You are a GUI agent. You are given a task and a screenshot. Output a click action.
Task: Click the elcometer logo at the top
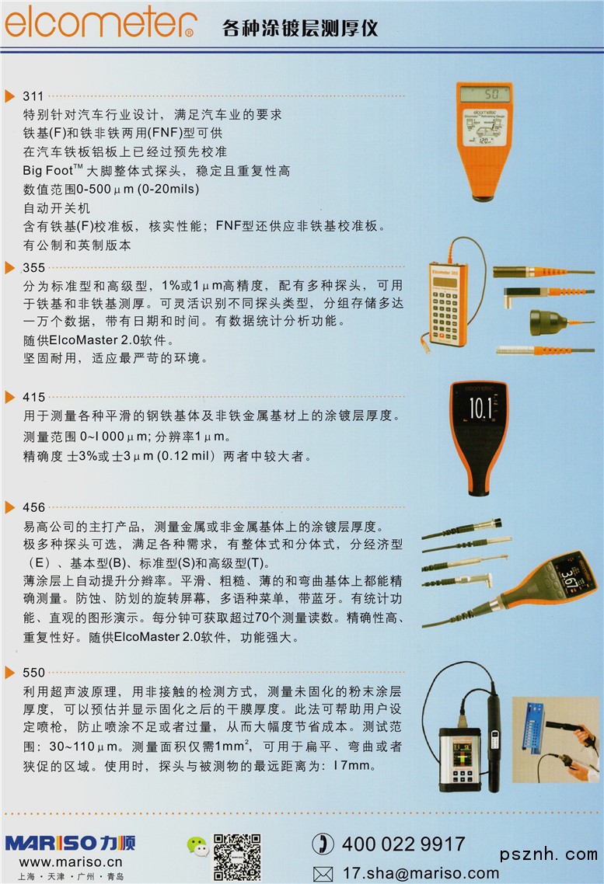[x=100, y=22]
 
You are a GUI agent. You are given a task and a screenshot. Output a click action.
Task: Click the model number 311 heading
[x=33, y=96]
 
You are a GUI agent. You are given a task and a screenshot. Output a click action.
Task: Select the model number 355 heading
[x=34, y=268]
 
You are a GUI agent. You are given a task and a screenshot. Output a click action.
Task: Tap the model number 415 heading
[x=34, y=398]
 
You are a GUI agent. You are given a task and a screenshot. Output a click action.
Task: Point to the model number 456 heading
[x=34, y=507]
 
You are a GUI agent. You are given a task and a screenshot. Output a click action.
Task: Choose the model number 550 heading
[x=34, y=673]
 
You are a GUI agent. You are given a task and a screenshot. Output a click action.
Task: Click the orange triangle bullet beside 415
[x=9, y=398]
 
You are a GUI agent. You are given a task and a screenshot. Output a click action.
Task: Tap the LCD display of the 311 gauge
[x=484, y=93]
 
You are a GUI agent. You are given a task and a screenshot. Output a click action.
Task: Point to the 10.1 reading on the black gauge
[x=480, y=408]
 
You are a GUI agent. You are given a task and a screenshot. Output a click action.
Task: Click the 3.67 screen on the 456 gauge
[x=570, y=576]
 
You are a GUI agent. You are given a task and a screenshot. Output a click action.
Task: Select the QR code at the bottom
[x=237, y=857]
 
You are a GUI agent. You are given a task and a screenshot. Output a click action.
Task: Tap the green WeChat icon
[x=197, y=846]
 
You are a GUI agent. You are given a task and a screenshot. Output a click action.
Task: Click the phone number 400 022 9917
[x=403, y=844]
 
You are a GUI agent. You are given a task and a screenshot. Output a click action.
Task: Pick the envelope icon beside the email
[x=323, y=874]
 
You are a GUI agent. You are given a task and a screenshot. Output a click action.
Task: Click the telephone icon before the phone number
[x=323, y=844]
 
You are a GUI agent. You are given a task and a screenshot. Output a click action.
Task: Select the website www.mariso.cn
[x=71, y=862]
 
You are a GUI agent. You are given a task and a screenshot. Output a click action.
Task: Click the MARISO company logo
[x=71, y=843]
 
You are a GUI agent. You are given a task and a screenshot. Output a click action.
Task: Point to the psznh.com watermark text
[x=548, y=855]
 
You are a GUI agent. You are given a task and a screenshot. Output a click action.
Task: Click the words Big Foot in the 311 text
[x=48, y=170]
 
